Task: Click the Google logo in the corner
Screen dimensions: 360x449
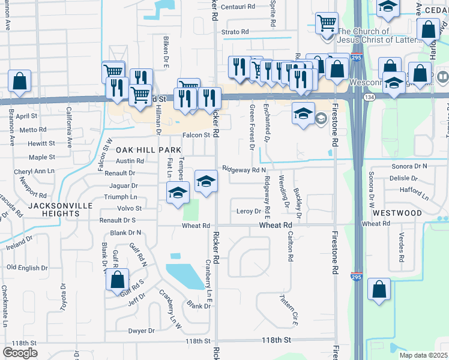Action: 20,352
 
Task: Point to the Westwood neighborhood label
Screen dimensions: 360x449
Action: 397,213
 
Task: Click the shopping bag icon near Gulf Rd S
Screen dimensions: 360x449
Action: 118,280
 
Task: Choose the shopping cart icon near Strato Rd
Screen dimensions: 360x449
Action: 327,24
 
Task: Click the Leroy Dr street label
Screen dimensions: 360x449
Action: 249,211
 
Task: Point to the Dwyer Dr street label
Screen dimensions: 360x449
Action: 142,331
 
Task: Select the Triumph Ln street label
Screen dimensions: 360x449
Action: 121,197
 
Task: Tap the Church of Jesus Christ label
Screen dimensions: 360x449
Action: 364,36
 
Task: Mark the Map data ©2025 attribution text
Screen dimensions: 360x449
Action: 423,355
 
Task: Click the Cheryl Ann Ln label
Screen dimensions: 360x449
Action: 34,171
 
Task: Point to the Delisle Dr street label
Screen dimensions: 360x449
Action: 403,178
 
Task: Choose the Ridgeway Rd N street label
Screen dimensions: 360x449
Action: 244,170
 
